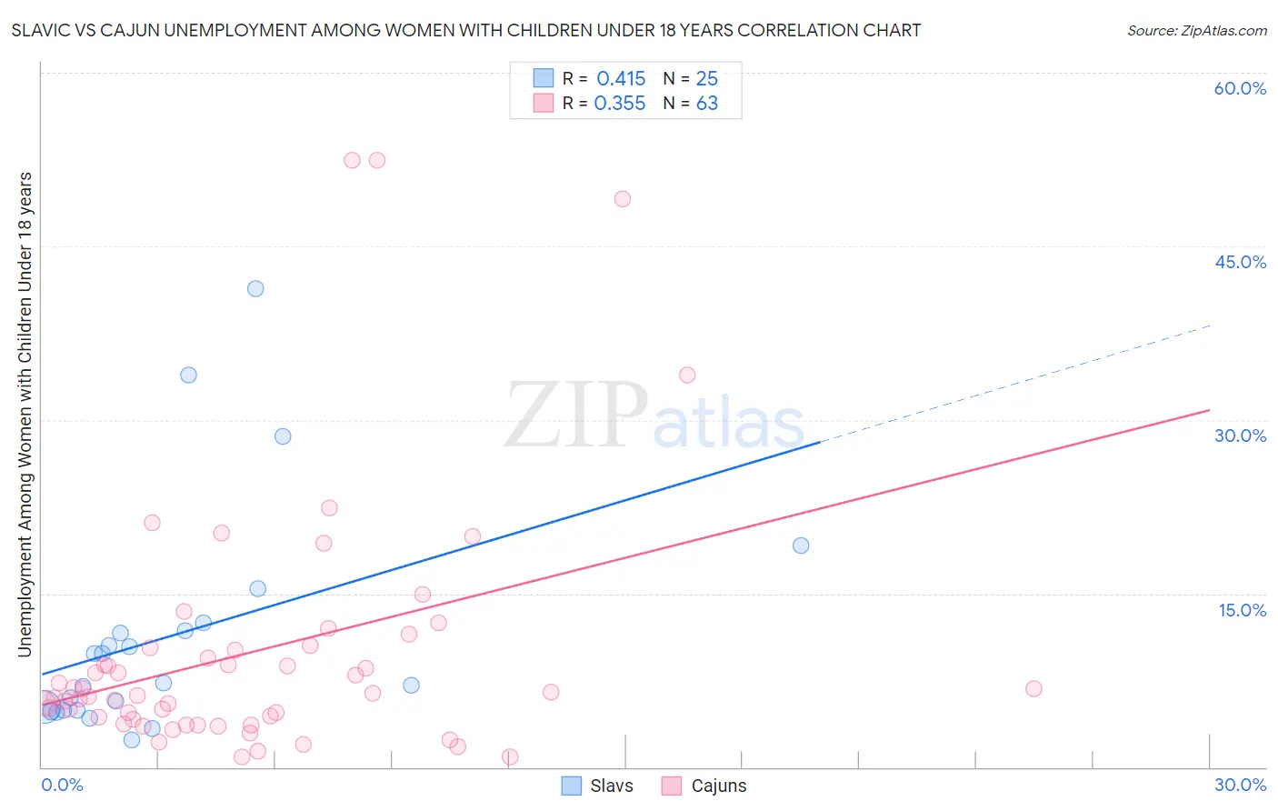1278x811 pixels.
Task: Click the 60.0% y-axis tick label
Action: click(x=1240, y=88)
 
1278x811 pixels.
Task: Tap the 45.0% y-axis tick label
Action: click(x=1240, y=262)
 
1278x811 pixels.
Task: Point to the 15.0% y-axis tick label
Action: click(x=1242, y=610)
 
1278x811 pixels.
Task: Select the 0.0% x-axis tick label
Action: click(x=62, y=785)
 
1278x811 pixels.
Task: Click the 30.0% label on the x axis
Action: click(x=1240, y=785)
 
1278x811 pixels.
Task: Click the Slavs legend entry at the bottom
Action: click(x=597, y=786)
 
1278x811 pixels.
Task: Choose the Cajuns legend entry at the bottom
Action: click(x=704, y=786)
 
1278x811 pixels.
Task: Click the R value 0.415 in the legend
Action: click(x=621, y=78)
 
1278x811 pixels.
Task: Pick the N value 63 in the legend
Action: click(x=707, y=104)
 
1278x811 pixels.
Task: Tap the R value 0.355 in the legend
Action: click(x=620, y=104)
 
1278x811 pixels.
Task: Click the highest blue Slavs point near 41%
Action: click(x=255, y=288)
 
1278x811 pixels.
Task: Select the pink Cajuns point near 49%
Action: click(x=623, y=199)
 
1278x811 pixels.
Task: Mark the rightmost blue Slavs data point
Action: click(x=801, y=546)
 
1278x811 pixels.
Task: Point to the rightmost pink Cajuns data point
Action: click(x=1033, y=688)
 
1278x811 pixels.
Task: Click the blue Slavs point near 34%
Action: click(x=188, y=375)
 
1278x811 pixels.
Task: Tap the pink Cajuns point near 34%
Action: click(x=687, y=375)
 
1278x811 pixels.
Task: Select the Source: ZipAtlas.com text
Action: click(x=1196, y=30)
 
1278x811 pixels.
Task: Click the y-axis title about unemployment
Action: click(x=25, y=414)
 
